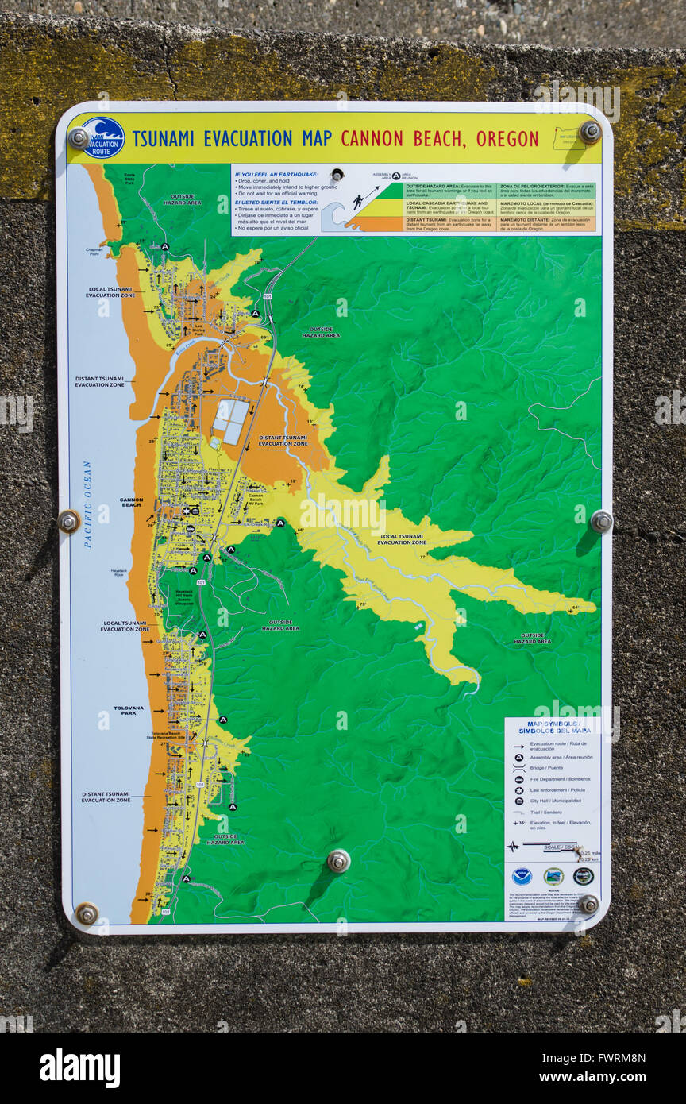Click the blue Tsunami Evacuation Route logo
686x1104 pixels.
(103, 137)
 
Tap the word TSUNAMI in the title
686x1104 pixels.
(163, 139)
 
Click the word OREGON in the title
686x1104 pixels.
(507, 139)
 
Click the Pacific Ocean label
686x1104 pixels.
(87, 504)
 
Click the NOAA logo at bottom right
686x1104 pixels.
(522, 876)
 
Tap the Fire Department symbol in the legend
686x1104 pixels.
(518, 779)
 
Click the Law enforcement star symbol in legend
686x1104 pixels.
(518, 790)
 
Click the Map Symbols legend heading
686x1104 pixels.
(553, 727)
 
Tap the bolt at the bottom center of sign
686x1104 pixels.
(339, 860)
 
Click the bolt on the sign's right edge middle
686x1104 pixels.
(601, 521)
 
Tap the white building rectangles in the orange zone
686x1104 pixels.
(231, 420)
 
